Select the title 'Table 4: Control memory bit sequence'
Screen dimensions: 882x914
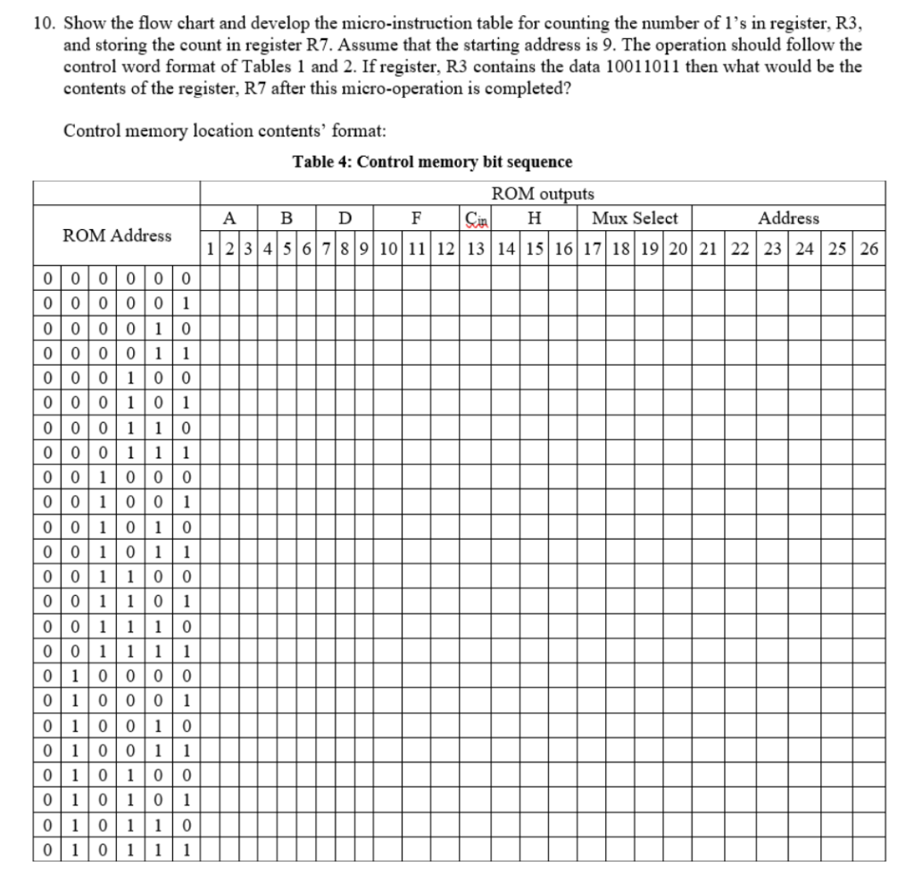click(x=432, y=161)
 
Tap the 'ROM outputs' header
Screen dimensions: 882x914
click(x=542, y=194)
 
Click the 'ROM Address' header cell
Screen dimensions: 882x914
click(x=117, y=235)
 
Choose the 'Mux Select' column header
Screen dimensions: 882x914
click(x=634, y=218)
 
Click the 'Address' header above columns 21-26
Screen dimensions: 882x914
click(x=788, y=218)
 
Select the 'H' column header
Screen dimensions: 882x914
click(x=534, y=218)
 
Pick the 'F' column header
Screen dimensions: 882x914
click(x=415, y=218)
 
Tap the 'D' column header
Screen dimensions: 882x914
click(x=345, y=218)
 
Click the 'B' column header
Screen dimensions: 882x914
click(x=286, y=218)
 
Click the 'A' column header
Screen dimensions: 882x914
click(x=229, y=218)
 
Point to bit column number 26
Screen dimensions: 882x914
click(x=868, y=249)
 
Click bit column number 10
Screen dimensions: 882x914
click(x=389, y=249)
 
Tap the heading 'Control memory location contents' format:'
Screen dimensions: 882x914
click(x=224, y=130)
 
